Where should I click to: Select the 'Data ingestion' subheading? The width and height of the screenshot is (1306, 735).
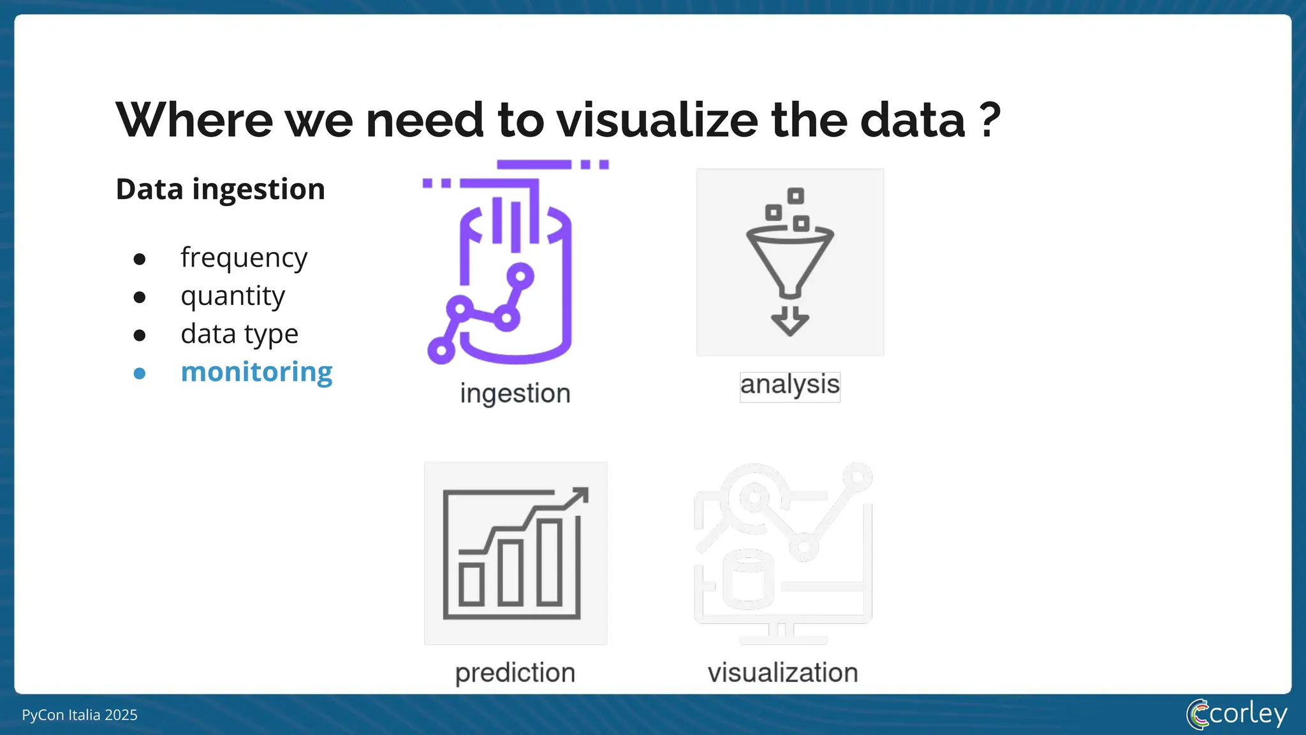(x=220, y=189)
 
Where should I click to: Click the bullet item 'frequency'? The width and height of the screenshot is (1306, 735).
(x=244, y=258)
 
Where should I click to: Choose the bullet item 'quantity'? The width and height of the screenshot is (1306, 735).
(x=233, y=296)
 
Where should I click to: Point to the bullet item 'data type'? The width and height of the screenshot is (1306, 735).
(x=239, y=334)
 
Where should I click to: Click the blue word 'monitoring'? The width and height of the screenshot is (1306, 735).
(x=256, y=372)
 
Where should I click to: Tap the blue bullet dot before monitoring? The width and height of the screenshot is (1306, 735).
(x=140, y=373)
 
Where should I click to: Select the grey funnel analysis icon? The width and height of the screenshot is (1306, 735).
(x=789, y=255)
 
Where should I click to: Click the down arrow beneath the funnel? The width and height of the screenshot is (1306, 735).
(x=789, y=322)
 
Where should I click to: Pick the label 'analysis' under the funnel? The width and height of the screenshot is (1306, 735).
(x=789, y=385)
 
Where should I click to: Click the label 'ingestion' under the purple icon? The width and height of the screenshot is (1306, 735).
(x=515, y=394)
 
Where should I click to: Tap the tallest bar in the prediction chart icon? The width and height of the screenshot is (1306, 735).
(x=549, y=561)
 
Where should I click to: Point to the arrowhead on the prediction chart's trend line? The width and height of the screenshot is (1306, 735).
(x=580, y=496)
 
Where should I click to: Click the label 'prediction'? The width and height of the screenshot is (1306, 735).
(x=515, y=673)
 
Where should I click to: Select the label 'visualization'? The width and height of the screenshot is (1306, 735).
(x=782, y=673)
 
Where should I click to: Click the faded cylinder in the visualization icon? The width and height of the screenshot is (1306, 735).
(x=748, y=579)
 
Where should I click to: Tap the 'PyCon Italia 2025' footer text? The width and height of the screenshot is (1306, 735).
(x=80, y=715)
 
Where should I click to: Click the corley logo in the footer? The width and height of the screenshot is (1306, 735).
(x=1236, y=714)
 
